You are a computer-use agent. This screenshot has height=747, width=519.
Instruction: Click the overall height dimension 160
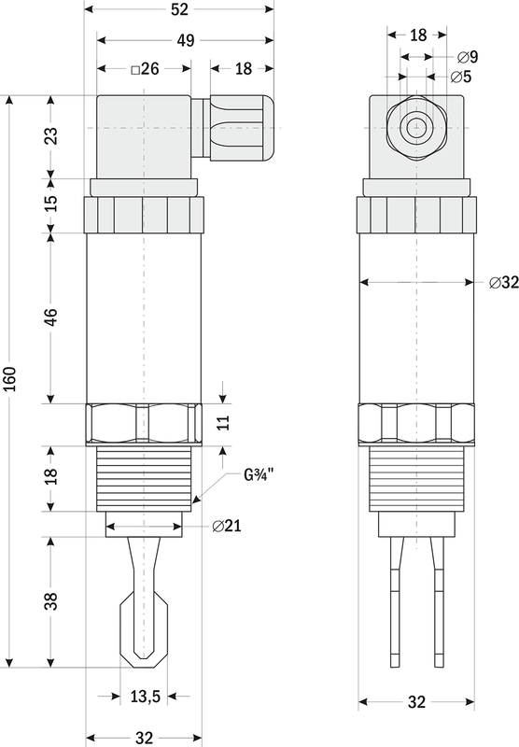[x=10, y=379]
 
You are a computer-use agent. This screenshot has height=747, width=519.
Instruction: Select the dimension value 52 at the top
[x=179, y=9]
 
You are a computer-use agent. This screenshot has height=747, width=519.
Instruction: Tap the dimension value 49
[x=186, y=40]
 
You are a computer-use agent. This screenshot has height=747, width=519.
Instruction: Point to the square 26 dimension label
[x=146, y=69]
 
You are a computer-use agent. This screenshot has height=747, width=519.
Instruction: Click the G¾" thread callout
[x=259, y=474]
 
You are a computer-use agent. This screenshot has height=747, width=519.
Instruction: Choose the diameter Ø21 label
[x=227, y=526]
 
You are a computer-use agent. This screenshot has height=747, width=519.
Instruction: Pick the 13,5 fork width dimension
[x=146, y=697]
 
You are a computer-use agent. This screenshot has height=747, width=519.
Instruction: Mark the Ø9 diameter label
[x=467, y=57]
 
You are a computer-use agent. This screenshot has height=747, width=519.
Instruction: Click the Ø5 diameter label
[x=460, y=77]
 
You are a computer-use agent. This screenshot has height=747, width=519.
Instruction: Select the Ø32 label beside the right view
[x=504, y=283]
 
